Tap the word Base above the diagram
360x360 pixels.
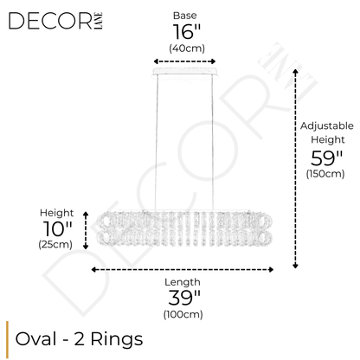184,16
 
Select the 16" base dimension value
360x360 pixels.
184,33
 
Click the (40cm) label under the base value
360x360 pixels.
184,48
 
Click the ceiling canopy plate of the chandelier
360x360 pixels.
185,75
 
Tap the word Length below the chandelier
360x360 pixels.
185,282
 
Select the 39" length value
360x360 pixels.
185,299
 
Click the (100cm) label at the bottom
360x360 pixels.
185,314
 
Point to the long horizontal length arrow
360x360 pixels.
185,269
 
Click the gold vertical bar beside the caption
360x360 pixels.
9,336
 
